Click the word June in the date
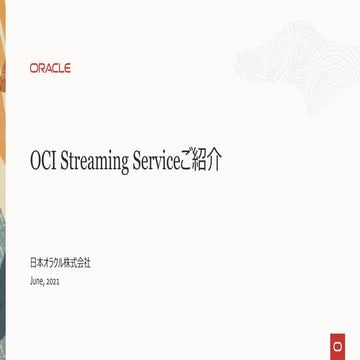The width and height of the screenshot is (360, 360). click(x=37, y=281)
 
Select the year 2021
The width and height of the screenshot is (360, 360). click(x=53, y=282)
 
